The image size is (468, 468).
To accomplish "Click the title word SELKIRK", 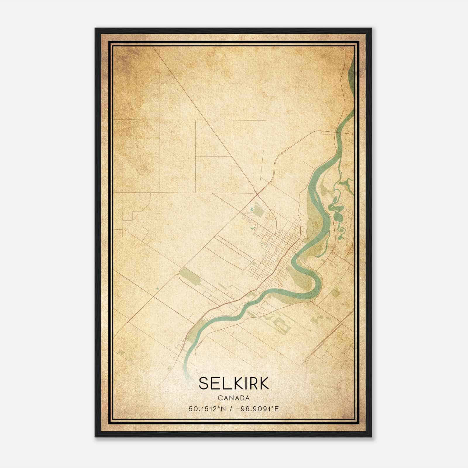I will (234, 383).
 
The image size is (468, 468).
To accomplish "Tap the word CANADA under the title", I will (234, 398).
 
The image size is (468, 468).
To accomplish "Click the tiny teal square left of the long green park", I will (157, 289).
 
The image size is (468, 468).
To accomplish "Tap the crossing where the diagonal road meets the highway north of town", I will (257, 193).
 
